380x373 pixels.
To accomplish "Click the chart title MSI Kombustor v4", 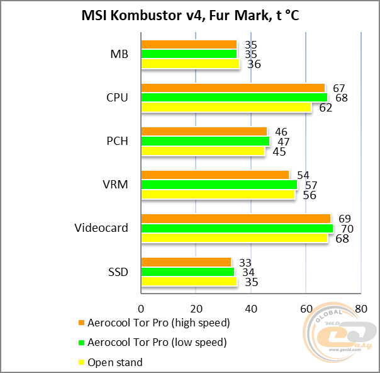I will click(x=189, y=14).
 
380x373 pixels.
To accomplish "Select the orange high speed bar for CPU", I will click(x=233, y=88).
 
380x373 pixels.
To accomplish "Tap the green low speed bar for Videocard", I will click(x=237, y=228).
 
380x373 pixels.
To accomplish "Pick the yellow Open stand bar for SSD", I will click(x=188, y=282).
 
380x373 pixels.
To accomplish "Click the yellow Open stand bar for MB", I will click(x=190, y=64).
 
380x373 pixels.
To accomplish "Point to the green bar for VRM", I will click(x=219, y=185).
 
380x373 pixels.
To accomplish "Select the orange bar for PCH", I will click(x=204, y=131).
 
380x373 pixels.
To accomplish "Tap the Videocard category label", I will click(x=101, y=228).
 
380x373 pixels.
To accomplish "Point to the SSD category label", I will click(x=118, y=272).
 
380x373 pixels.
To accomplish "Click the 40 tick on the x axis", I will click(x=251, y=309).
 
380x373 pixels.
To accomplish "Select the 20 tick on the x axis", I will click(x=196, y=309).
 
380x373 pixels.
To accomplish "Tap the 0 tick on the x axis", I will click(x=141, y=309).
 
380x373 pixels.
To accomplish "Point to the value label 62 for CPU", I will click(x=325, y=108).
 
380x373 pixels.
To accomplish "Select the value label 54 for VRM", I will click(x=303, y=175).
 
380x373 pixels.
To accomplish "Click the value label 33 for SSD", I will click(x=245, y=262).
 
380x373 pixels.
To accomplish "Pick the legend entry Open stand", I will click(x=115, y=362).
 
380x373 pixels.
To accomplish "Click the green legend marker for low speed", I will click(x=81, y=343).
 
